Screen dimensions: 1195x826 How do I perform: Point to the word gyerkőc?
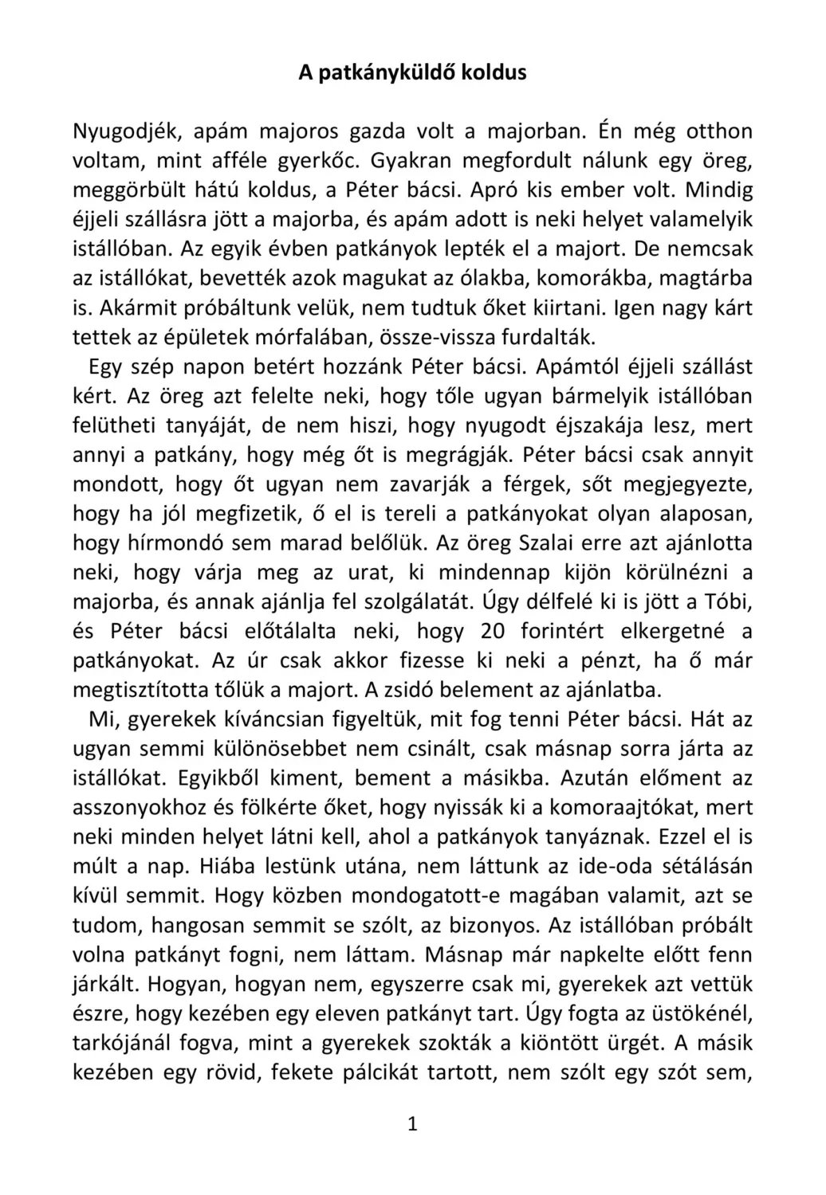326,161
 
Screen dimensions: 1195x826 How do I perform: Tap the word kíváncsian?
265,719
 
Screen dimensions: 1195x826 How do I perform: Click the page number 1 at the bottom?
412,1124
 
